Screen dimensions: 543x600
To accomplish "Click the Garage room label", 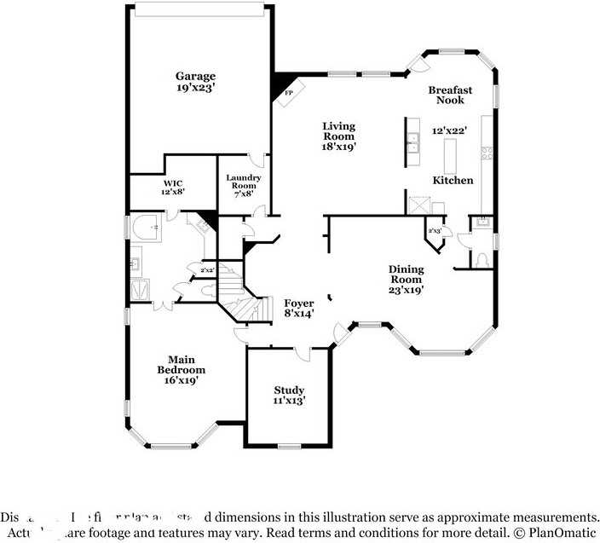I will (x=195, y=75).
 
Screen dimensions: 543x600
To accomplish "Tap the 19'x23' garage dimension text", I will (x=195, y=87).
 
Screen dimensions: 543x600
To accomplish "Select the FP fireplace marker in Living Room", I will (x=289, y=92).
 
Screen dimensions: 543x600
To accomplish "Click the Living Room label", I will (x=338, y=131).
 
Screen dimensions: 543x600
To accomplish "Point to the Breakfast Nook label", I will (x=450, y=95).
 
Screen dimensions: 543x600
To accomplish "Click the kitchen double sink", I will (x=413, y=142).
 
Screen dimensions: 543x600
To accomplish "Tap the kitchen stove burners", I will (x=487, y=153).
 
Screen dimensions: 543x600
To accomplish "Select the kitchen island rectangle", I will (x=451, y=154).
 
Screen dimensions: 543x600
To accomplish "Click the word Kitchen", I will (x=453, y=181).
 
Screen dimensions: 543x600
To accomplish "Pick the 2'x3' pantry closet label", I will (x=435, y=231).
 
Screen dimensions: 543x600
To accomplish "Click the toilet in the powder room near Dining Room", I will (x=482, y=258).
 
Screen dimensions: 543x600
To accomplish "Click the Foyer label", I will (x=299, y=303).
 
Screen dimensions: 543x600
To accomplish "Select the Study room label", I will (x=289, y=390).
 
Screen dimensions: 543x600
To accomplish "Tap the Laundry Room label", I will (x=243, y=185).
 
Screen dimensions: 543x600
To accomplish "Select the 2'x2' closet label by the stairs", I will (x=207, y=271).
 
